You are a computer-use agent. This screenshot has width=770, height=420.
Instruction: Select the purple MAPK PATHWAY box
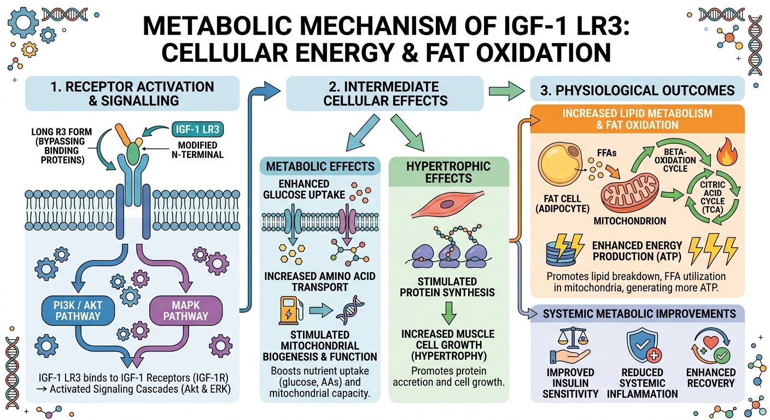coord(186,310)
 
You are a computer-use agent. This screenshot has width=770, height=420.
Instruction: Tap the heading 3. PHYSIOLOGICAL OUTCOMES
coord(637,90)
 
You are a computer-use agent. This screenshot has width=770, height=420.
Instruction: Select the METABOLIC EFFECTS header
coord(320,166)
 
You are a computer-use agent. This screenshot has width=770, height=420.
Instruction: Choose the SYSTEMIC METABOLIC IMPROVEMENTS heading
coord(639,314)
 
